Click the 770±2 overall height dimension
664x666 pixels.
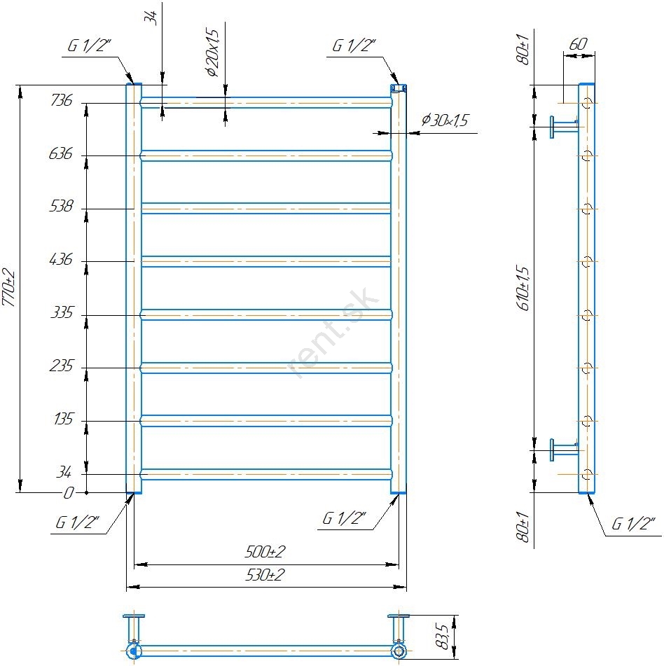[8, 288]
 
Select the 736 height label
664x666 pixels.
[62, 100]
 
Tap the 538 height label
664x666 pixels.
[61, 206]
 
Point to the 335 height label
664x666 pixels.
[62, 312]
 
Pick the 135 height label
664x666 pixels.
[64, 419]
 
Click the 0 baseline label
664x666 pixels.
[69, 493]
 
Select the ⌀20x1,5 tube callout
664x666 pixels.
[212, 53]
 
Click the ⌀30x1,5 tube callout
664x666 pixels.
[445, 120]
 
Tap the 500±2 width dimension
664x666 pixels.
[265, 552]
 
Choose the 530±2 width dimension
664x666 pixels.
[265, 575]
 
